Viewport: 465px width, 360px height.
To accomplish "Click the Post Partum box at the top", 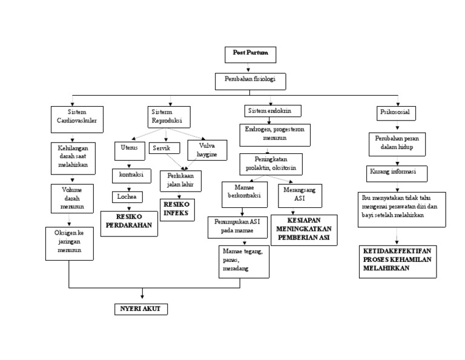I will pos(250,55).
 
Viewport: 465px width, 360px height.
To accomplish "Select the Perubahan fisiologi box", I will pos(250,81).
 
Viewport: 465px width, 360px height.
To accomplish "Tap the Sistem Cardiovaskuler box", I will pos(76,119).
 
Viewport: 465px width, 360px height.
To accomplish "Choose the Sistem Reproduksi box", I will pos(169,116).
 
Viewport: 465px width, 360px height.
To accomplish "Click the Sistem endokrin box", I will pos(272,111).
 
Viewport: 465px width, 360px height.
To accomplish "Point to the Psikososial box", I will pos(396,112).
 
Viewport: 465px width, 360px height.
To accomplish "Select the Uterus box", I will pos(129,148).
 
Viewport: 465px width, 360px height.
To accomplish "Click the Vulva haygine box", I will pos(207,150).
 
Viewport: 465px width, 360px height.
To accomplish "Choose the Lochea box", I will pos(127,196).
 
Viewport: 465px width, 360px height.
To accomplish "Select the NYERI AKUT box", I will pos(141,309).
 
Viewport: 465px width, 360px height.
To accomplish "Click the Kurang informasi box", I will pos(397,172).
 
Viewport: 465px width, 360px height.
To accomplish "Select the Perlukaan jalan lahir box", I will pos(180,180).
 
